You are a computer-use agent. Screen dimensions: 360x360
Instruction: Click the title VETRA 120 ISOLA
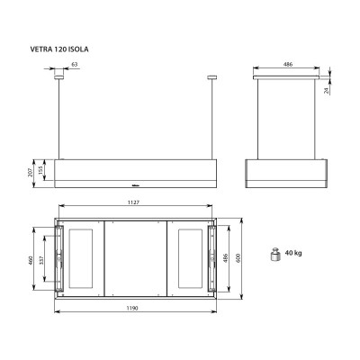(59, 49)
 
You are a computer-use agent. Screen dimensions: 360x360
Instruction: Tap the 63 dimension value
(75, 64)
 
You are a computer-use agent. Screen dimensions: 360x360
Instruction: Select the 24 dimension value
(327, 90)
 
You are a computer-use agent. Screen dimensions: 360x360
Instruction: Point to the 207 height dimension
(30, 173)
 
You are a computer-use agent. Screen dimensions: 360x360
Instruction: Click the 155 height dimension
(41, 170)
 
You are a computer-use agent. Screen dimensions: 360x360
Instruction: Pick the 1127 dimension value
(133, 202)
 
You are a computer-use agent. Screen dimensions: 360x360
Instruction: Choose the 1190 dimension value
(132, 308)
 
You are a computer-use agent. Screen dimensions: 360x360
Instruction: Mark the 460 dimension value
(30, 259)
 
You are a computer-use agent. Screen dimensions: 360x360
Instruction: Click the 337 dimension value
(41, 259)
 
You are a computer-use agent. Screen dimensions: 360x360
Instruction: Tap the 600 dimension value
(238, 258)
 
